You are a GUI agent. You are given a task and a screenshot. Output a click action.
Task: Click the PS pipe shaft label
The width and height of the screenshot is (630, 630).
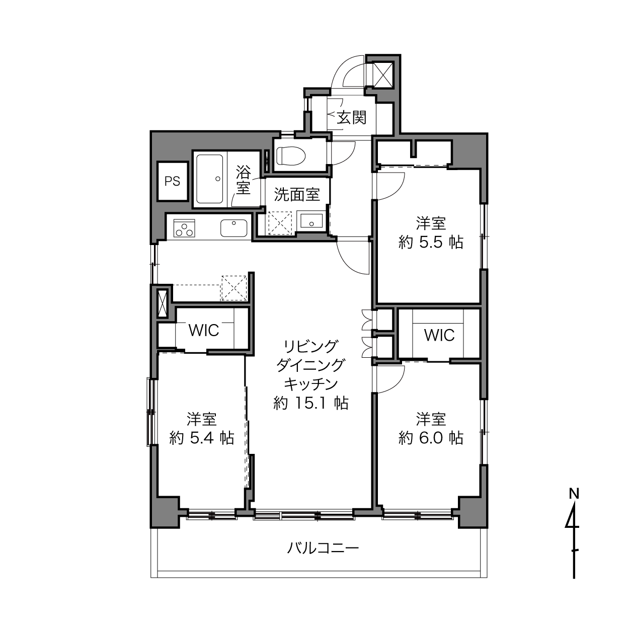click(x=172, y=181)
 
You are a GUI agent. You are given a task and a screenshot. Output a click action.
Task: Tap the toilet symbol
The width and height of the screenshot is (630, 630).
click(x=291, y=155)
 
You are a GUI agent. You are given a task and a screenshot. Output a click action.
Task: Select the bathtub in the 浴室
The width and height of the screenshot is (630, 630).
click(x=210, y=179)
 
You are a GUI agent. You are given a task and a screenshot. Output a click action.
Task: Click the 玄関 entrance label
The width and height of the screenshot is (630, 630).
click(x=351, y=117)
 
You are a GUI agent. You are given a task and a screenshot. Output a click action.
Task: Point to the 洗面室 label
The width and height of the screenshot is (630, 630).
click(x=297, y=195)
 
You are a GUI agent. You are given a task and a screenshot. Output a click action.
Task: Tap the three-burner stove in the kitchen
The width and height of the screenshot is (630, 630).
click(x=184, y=228)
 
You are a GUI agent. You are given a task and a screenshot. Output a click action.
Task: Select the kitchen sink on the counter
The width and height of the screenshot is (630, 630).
click(x=234, y=228)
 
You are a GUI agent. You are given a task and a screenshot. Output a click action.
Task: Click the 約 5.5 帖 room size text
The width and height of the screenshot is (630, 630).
click(x=431, y=243)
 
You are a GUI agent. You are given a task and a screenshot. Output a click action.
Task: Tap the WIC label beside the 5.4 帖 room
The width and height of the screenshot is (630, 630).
click(x=204, y=331)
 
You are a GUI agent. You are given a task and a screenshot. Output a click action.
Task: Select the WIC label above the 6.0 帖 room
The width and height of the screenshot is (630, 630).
click(x=439, y=335)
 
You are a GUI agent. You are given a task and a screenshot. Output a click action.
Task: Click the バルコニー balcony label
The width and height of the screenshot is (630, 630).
click(x=323, y=548)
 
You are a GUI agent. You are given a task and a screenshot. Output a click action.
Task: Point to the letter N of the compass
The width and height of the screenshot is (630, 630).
click(x=574, y=494)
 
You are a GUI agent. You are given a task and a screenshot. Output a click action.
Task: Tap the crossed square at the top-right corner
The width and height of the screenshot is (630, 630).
click(x=382, y=74)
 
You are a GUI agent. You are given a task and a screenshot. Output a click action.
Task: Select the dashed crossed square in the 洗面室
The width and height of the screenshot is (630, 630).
click(x=280, y=223)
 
